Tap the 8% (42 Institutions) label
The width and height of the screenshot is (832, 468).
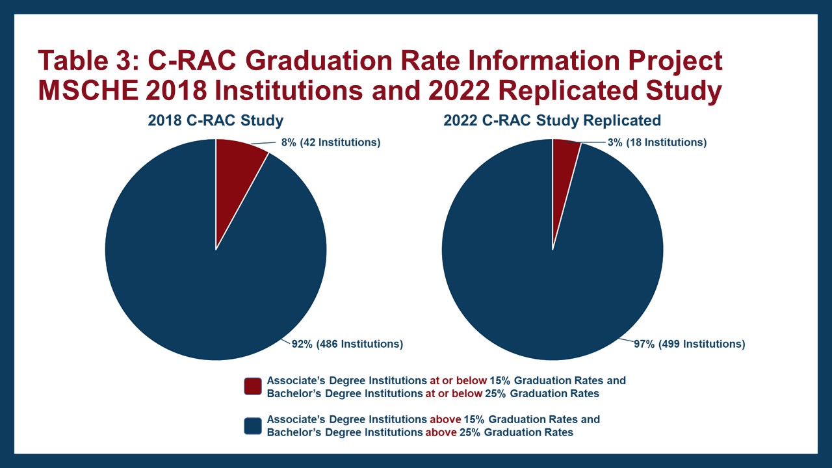(x=330, y=142)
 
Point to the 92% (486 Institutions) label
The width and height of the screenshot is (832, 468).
(x=347, y=344)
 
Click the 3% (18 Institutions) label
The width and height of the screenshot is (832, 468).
(x=656, y=142)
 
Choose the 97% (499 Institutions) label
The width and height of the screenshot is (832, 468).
(x=689, y=344)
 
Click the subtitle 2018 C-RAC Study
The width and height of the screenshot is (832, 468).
(x=216, y=120)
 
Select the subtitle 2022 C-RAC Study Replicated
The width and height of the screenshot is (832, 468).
(x=552, y=120)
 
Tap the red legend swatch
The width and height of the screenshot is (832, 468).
(x=253, y=386)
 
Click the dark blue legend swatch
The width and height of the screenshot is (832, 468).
(x=253, y=426)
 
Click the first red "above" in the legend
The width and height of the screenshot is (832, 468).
(x=445, y=420)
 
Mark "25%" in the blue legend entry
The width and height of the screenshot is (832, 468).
(x=463, y=432)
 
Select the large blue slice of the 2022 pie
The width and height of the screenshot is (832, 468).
(x=552, y=286)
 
